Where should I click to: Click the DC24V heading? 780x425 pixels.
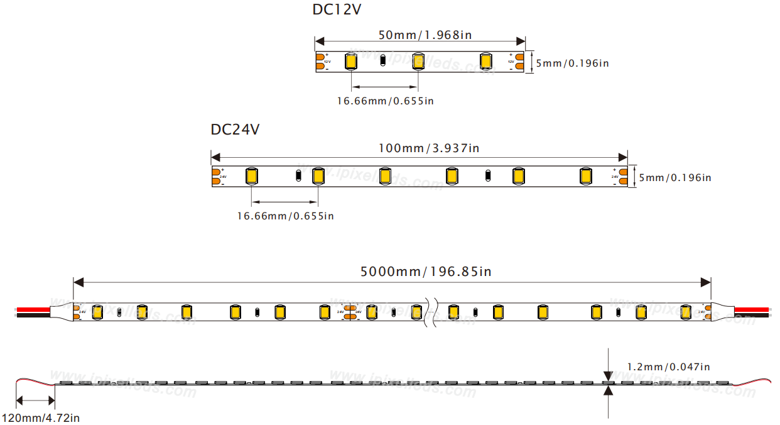point(235,130)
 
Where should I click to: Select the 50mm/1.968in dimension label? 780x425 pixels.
point(425,35)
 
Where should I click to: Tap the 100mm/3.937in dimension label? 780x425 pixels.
point(428,148)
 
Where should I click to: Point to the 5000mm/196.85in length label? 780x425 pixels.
point(426,272)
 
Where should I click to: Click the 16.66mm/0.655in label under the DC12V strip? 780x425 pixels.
point(385,101)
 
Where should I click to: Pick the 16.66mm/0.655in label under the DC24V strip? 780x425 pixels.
point(285,216)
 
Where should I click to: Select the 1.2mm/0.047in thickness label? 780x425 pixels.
point(668,367)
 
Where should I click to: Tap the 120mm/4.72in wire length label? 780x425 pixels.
point(40,417)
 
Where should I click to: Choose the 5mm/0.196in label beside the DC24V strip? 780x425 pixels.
point(675,178)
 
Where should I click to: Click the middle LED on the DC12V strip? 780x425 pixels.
point(418,62)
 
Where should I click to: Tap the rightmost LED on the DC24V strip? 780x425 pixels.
point(586,176)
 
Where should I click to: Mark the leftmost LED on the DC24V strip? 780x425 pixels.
point(251,176)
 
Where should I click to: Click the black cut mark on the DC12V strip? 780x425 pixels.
point(383,62)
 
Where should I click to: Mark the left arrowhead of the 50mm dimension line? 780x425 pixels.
point(319,41)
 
